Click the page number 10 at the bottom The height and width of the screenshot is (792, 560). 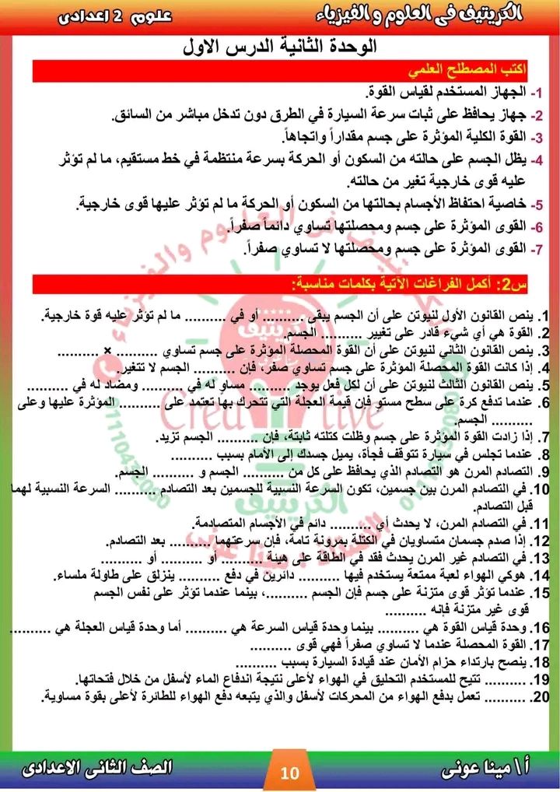289,773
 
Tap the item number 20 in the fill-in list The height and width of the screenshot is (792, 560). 539,696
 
